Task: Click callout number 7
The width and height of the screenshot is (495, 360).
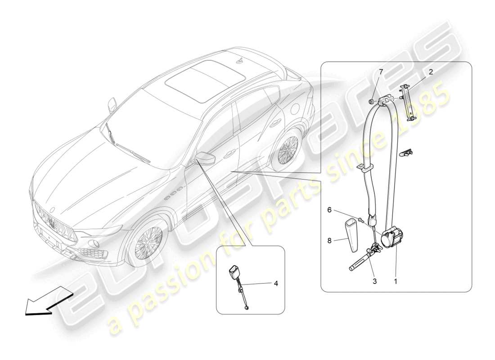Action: (381, 72)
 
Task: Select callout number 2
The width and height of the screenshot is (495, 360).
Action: (431, 72)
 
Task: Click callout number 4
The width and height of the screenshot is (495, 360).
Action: (276, 283)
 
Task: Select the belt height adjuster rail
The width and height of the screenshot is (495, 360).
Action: (410, 102)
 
